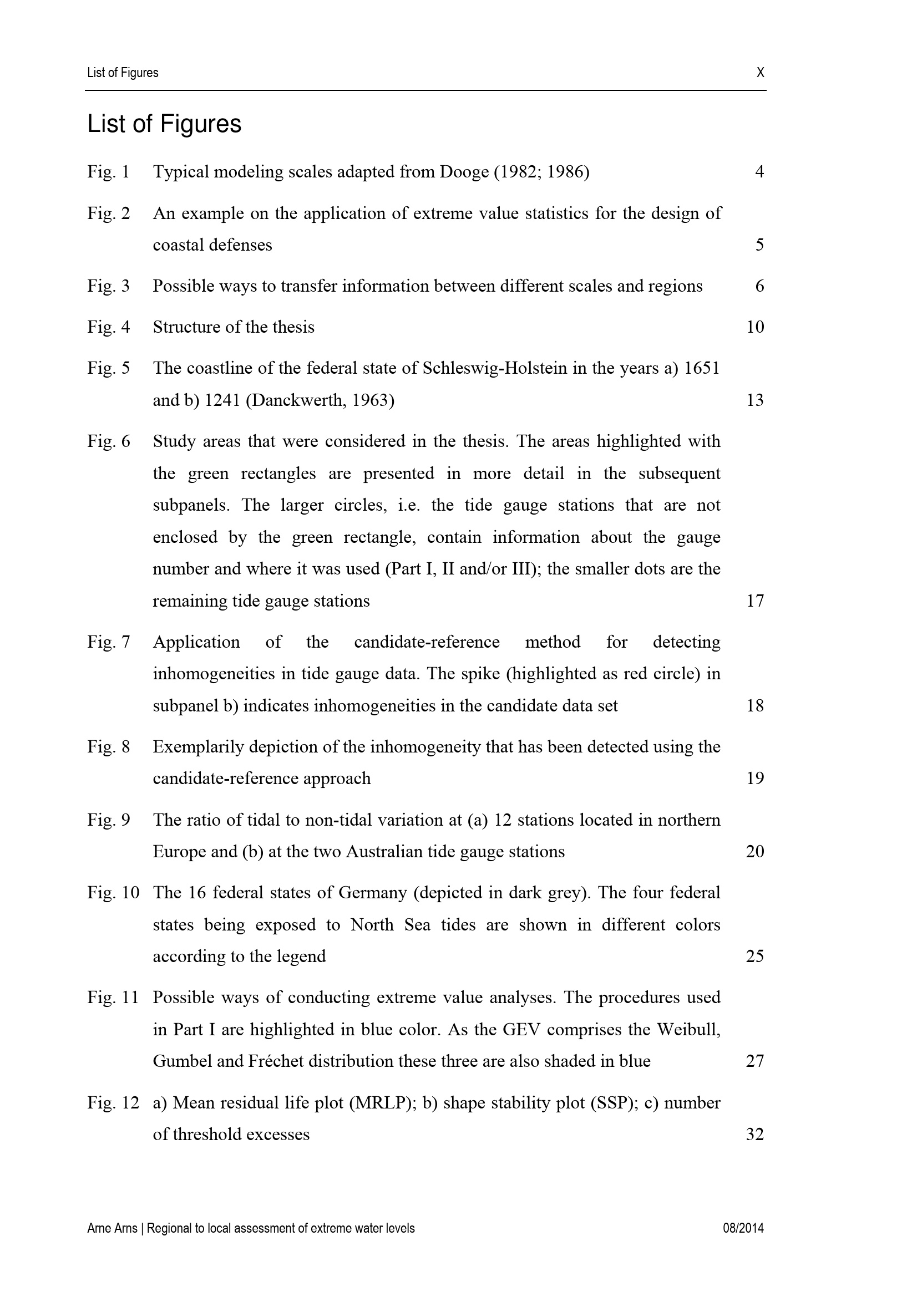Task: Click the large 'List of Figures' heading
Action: click(164, 124)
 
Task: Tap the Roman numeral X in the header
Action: click(760, 72)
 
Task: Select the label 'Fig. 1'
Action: click(109, 171)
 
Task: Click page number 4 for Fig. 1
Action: click(759, 171)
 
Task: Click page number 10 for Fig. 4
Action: click(755, 327)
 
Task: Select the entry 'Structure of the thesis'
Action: click(234, 327)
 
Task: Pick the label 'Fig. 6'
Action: click(109, 441)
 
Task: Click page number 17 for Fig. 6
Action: click(755, 601)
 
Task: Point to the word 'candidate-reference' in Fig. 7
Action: click(427, 642)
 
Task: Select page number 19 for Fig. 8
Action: click(755, 779)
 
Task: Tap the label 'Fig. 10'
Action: click(113, 892)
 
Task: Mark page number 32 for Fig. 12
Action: click(755, 1135)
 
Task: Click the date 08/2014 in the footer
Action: click(743, 1228)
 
